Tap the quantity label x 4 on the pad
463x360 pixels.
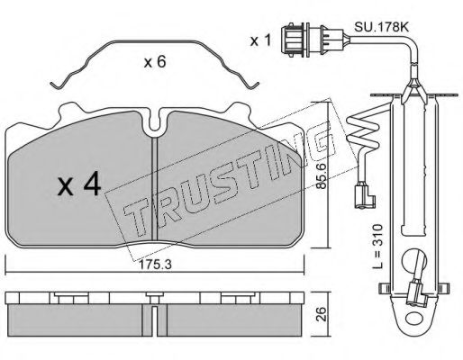click(78, 186)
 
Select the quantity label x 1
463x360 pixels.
click(260, 40)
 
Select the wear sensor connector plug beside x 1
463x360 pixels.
click(295, 40)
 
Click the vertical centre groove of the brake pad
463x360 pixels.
click(156, 189)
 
